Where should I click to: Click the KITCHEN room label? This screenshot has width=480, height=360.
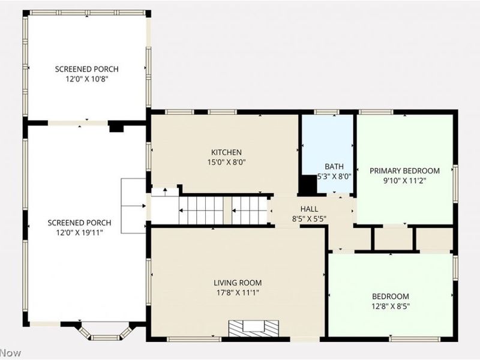click(226, 152)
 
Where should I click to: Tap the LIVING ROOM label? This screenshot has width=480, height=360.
click(238, 283)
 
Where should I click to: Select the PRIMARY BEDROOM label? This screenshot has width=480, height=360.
click(404, 170)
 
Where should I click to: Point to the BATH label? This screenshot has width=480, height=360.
click(334, 167)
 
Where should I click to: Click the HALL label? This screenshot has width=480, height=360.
click(309, 209)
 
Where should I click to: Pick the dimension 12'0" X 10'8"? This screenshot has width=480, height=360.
click(87, 79)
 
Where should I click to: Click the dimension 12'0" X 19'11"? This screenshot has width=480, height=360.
click(79, 233)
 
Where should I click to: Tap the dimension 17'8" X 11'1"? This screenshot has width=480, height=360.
click(238, 293)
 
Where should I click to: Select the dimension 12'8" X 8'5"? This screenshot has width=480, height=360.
click(391, 306)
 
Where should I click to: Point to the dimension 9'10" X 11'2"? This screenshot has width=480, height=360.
click(404, 181)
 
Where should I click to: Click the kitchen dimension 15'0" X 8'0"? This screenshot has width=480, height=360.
click(227, 162)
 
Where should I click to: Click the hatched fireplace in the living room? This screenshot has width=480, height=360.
click(253, 328)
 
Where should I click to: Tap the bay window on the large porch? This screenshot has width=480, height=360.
click(105, 331)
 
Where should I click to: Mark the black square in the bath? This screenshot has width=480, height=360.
click(308, 185)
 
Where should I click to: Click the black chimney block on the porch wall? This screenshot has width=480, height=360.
click(116, 127)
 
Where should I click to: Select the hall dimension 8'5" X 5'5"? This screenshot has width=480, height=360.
click(309, 219)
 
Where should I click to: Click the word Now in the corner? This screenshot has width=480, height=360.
click(10, 353)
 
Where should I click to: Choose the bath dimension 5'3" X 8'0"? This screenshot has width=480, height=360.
click(334, 176)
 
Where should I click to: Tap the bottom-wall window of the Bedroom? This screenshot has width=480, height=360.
click(415, 338)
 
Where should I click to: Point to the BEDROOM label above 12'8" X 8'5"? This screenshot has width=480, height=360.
click(391, 296)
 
